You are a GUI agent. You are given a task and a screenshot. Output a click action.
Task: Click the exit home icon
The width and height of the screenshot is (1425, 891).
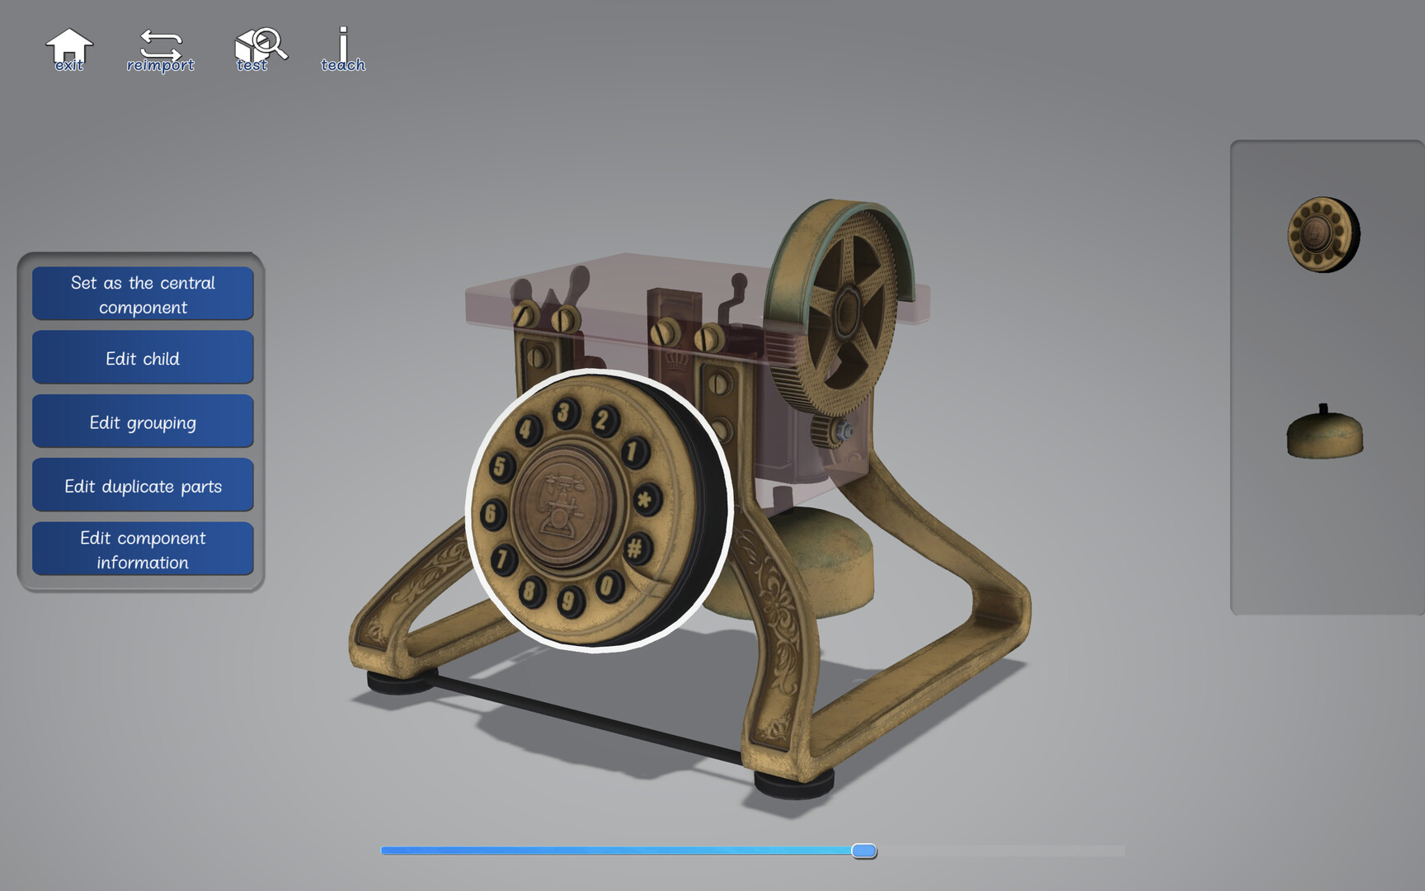click(69, 49)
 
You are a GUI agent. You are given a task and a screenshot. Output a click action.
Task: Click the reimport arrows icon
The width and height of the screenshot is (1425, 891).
click(160, 49)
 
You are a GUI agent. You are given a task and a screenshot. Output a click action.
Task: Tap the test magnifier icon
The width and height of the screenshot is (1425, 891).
click(259, 49)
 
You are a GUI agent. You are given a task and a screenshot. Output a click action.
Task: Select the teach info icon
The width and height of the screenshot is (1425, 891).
click(343, 49)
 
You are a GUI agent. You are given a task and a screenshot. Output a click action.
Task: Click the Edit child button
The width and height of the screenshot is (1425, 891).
click(143, 358)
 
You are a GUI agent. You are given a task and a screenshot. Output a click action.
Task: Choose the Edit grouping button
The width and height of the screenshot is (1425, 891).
click(143, 422)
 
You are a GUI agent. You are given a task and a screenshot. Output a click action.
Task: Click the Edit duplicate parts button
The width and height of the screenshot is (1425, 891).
click(143, 486)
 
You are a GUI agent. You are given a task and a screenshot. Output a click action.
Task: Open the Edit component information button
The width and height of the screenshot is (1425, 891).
click(143, 549)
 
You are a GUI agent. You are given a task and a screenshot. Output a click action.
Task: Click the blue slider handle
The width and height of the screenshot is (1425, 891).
click(863, 851)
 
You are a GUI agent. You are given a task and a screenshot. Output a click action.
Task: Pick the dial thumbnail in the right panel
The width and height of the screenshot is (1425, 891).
click(1323, 234)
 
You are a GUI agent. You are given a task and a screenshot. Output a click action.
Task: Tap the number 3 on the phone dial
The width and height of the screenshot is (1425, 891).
click(565, 412)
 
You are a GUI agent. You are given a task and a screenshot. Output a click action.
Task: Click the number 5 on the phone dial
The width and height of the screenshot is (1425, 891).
click(500, 467)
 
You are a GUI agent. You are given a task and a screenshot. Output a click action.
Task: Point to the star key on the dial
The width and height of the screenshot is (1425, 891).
click(646, 499)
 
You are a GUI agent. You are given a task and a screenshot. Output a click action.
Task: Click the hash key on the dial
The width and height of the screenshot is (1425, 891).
click(636, 548)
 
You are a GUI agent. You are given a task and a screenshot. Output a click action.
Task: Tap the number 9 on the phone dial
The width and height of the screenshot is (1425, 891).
click(568, 600)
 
